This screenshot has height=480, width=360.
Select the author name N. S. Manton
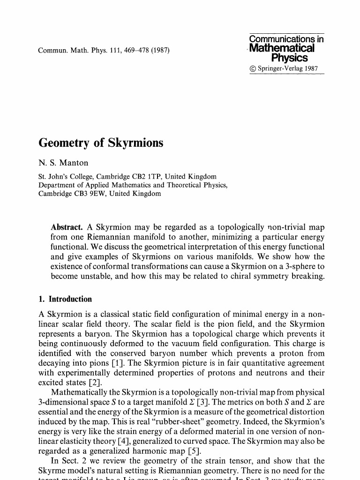pos(63,163)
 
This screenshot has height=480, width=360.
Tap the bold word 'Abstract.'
pos(67,227)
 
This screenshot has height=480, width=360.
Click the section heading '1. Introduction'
pos(65,299)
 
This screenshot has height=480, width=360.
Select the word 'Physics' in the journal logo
pos(289,58)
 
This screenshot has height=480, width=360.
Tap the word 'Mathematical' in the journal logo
pos(282,49)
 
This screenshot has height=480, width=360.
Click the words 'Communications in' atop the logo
pos(286,39)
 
